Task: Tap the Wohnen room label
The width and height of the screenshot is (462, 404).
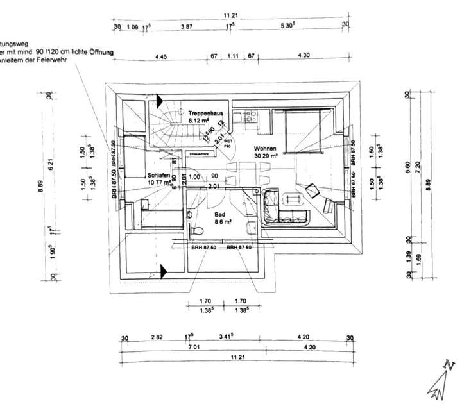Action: click(265, 148)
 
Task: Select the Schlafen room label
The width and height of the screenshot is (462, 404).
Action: click(158, 174)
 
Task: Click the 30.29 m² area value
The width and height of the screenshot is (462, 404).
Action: click(265, 155)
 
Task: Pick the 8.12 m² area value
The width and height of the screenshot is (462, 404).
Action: click(200, 120)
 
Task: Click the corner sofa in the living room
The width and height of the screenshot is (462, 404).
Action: click(282, 208)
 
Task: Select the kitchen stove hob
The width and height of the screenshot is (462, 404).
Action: click(251, 116)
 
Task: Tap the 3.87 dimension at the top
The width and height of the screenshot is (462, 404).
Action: click(187, 26)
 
